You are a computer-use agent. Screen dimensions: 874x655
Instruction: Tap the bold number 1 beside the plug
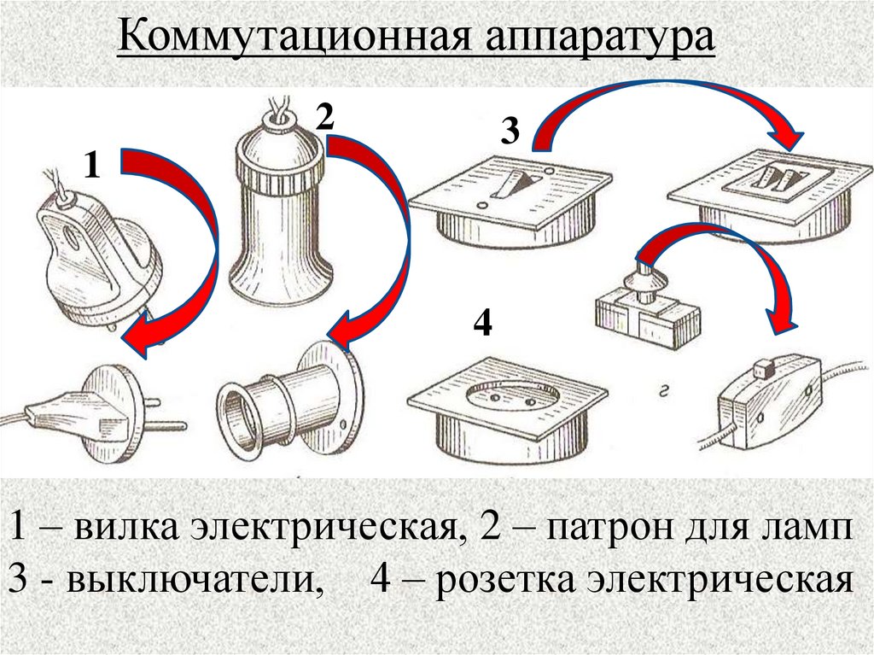[x=92, y=166]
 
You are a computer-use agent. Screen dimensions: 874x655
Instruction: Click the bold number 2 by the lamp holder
[x=324, y=117]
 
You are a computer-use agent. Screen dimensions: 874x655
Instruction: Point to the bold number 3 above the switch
[x=510, y=132]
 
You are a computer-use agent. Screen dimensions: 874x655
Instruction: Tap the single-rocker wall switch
[x=510, y=201]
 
